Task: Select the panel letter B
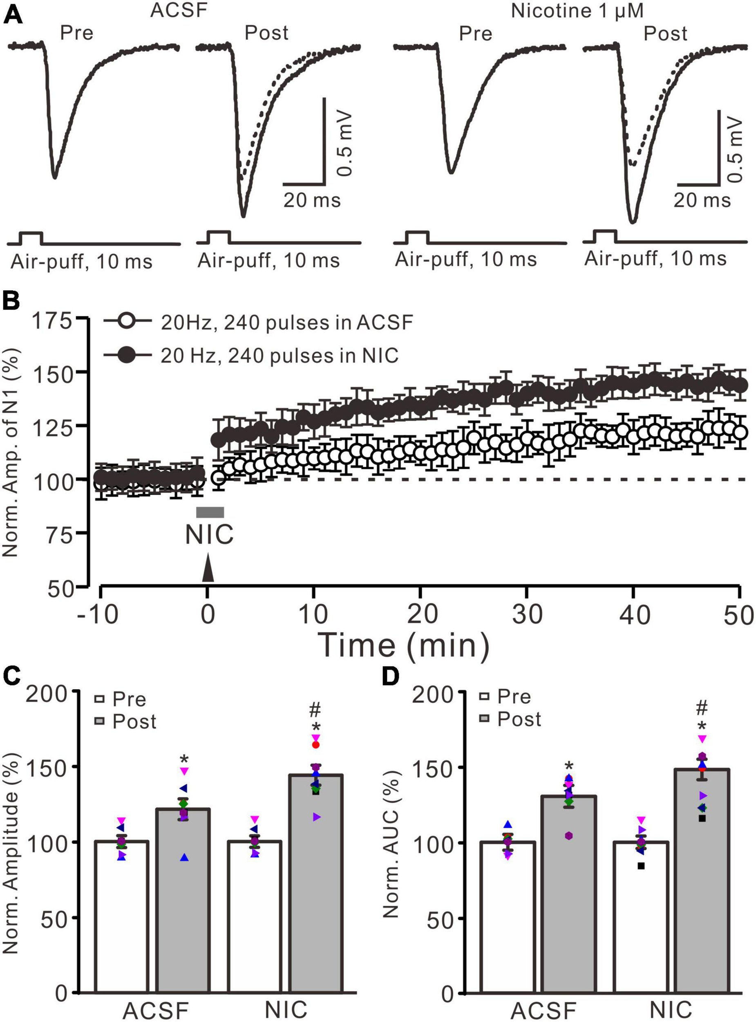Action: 12,302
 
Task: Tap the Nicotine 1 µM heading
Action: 577,11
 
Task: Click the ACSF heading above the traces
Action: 179,10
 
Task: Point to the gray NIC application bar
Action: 210,512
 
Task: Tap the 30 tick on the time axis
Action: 527,614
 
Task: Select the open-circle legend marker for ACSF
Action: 127,321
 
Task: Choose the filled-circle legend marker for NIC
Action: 127,355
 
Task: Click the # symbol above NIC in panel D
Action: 702,708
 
